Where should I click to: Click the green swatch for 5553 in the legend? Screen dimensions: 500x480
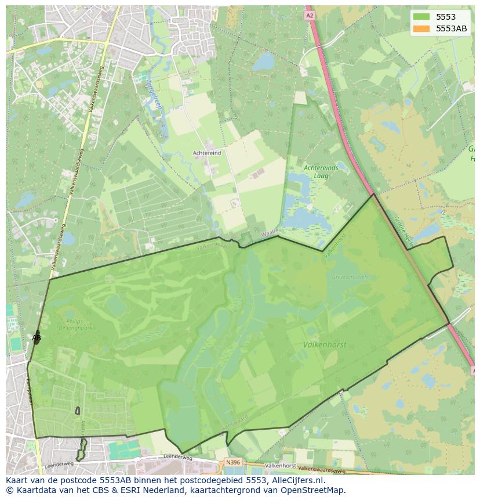click(421, 17)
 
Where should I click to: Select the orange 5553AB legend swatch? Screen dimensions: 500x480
click(421, 28)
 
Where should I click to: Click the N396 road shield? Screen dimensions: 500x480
click(232, 462)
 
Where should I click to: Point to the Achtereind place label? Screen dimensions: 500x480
click(207, 153)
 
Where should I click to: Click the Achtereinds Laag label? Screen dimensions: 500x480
click(321, 171)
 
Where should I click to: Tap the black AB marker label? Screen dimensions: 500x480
click(37, 337)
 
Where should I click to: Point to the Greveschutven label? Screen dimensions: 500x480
click(349, 277)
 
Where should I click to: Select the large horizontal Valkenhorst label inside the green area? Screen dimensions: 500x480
click(324, 344)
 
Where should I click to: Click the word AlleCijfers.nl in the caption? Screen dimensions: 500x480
click(297, 480)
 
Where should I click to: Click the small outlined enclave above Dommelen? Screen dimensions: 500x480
click(78, 411)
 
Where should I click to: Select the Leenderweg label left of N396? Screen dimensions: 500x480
click(178, 458)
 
